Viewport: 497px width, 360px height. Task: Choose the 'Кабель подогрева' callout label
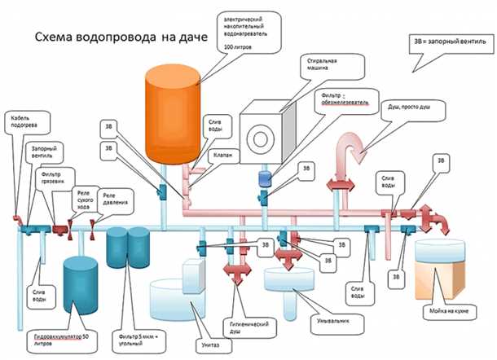point(22,122)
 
